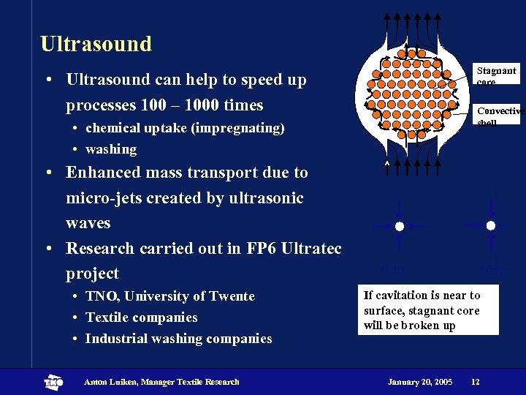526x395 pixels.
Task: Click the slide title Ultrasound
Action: click(96, 44)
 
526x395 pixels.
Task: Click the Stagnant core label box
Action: click(496, 75)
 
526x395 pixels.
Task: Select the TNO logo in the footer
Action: click(54, 382)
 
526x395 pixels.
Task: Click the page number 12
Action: click(476, 382)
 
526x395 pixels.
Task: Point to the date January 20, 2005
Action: click(420, 382)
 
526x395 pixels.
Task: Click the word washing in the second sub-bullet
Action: click(111, 149)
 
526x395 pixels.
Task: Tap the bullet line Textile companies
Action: click(141, 317)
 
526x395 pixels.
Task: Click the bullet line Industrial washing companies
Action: click(178, 339)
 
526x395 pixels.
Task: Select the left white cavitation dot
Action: click(400, 226)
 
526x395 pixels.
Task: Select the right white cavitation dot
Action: click(491, 225)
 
